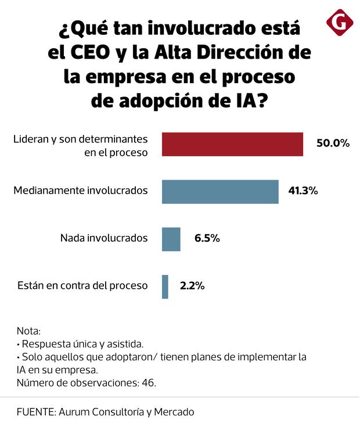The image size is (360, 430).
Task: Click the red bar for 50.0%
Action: click(x=232, y=144)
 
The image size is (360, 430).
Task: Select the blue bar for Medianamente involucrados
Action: click(x=220, y=191)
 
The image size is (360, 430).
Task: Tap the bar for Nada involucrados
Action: click(x=171, y=239)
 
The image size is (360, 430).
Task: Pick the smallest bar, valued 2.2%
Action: click(x=165, y=286)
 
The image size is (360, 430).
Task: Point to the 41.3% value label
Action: click(x=303, y=191)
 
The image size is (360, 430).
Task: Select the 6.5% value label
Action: click(x=207, y=238)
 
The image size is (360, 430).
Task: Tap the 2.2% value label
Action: click(x=192, y=286)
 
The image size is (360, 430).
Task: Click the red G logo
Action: click(x=340, y=21)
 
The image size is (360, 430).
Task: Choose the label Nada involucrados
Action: click(x=104, y=238)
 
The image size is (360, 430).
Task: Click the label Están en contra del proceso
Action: click(x=83, y=286)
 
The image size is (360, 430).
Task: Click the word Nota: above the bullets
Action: click(x=29, y=329)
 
